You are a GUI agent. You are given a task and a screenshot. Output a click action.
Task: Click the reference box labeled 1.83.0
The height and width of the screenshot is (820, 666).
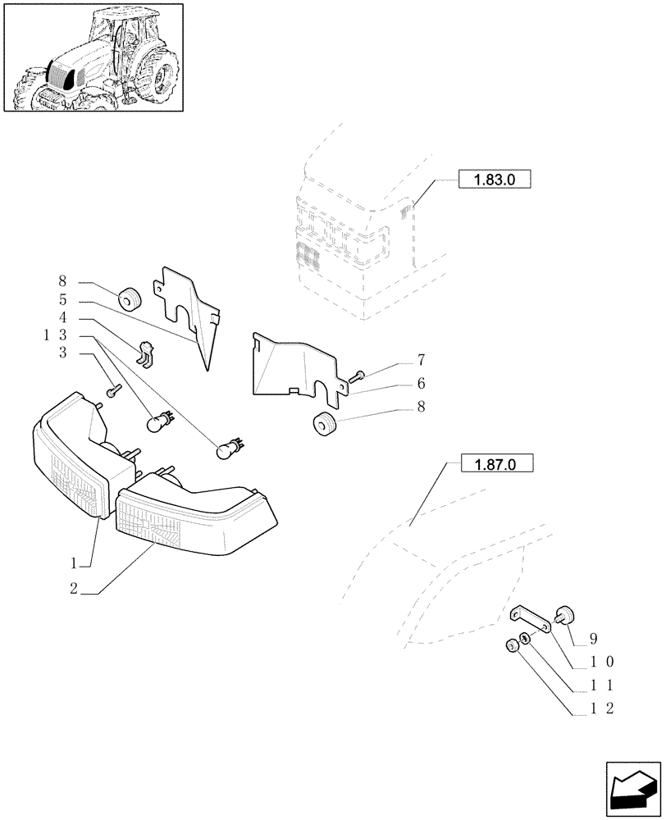[x=494, y=180]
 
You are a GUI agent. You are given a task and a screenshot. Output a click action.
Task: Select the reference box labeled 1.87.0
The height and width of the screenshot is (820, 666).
[x=497, y=465]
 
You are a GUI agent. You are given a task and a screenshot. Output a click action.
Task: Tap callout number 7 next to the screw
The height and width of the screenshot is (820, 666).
[x=421, y=360]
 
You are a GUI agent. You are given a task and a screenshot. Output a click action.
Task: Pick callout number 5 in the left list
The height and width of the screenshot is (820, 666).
[x=62, y=300]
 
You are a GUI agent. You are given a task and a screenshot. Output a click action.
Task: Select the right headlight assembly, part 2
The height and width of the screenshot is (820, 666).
[x=197, y=512]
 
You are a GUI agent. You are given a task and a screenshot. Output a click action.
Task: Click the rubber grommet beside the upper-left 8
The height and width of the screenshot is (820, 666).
[x=129, y=300]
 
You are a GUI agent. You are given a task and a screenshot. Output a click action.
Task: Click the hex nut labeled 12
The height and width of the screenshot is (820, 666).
[x=510, y=648]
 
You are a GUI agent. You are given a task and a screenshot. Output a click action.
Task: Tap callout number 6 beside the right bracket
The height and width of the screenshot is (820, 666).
[x=421, y=383]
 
